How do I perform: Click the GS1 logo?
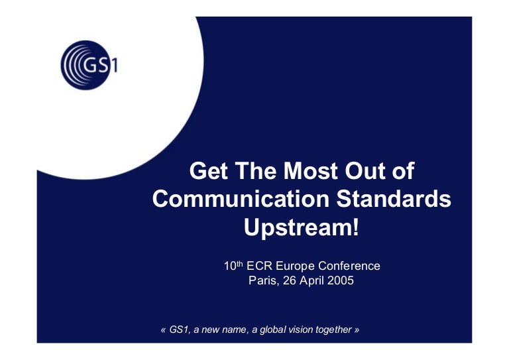coord(89,65)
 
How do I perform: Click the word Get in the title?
coord(208,171)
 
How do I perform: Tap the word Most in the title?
coord(311,171)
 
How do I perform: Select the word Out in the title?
coord(365,171)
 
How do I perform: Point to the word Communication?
coord(241,199)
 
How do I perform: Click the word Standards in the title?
coord(394,199)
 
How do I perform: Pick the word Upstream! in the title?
coord(302,227)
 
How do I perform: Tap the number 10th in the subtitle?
coord(233,266)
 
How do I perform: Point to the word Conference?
coord(349,266)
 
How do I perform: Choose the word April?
coord(312,281)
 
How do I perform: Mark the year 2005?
coord(341,280)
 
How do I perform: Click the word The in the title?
coord(256,171)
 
